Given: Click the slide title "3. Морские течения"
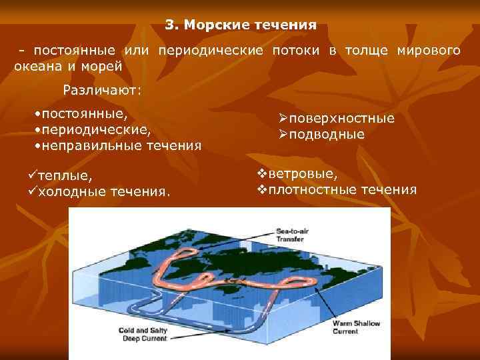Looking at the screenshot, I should [241, 25].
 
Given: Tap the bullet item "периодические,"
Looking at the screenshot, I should [95, 129].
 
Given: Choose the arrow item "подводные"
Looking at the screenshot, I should [326, 134].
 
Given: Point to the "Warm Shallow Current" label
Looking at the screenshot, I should [356, 327].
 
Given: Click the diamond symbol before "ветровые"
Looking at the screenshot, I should [262, 173].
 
